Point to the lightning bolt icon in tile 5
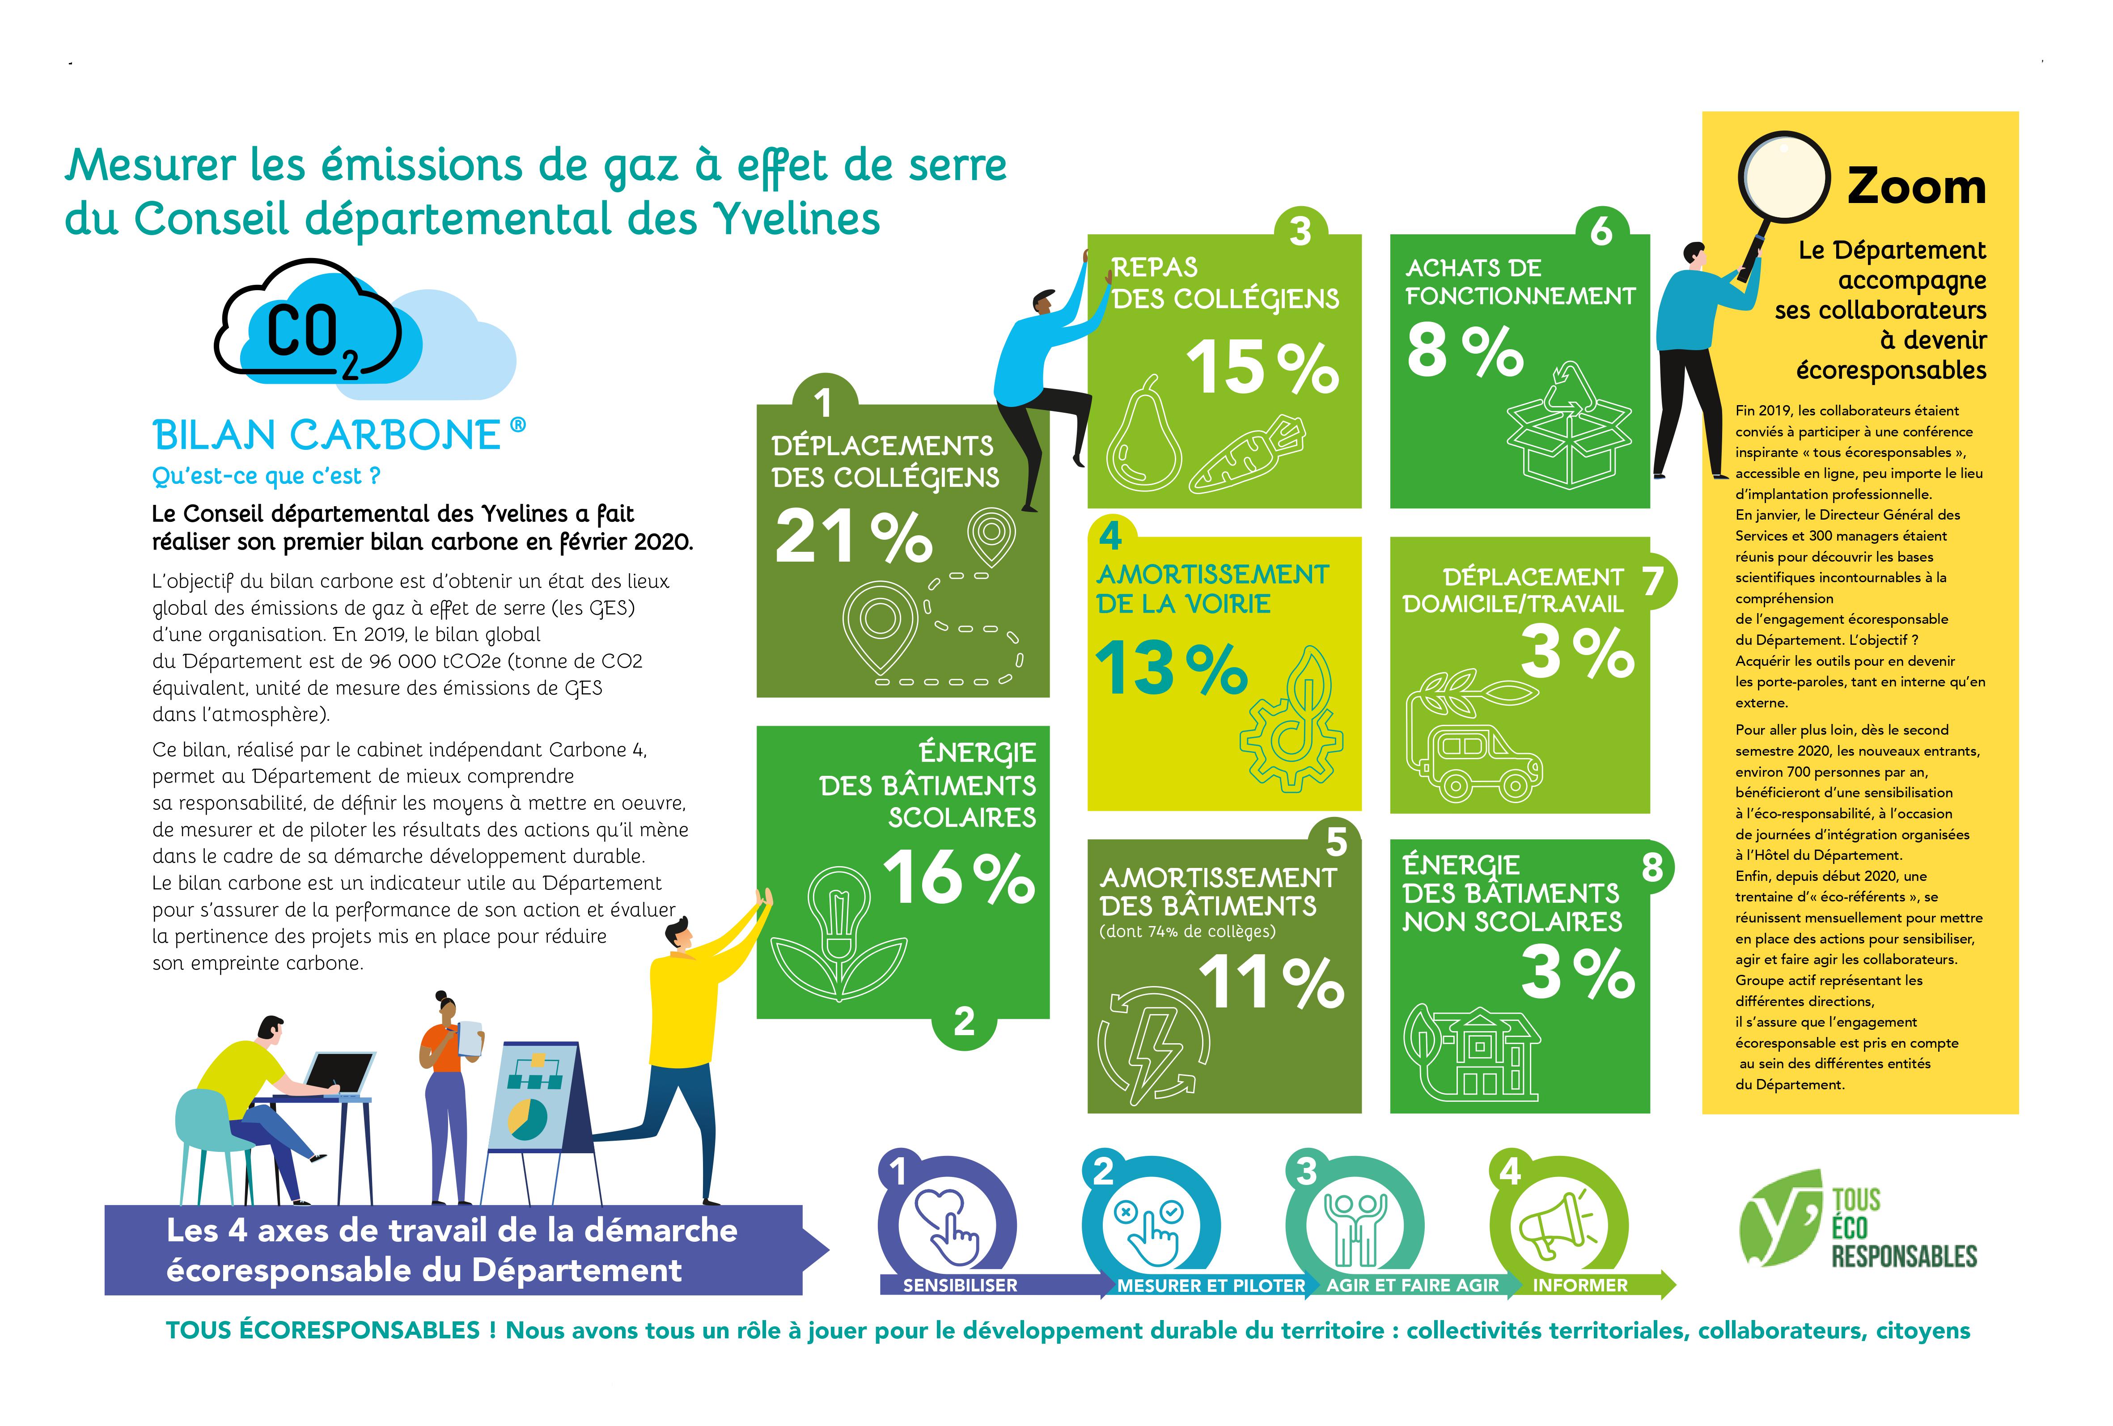click(x=1155, y=1045)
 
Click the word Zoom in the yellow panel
click(x=1916, y=186)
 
